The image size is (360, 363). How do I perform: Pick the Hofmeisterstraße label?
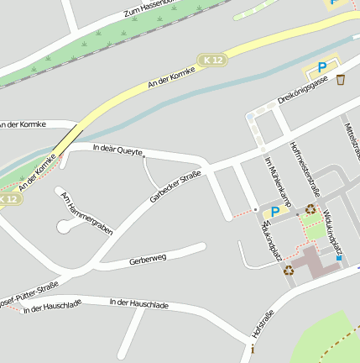[305, 164]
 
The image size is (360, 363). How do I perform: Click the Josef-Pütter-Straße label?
[29, 290]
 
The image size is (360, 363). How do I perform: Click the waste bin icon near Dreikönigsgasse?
[341, 80]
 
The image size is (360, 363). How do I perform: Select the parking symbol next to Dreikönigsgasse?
[321, 67]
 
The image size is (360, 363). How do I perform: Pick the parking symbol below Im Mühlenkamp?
[274, 212]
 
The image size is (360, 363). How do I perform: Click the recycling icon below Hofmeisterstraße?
[310, 209]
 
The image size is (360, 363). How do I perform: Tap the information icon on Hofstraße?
[253, 348]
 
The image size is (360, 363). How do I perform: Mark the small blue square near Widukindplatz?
[339, 258]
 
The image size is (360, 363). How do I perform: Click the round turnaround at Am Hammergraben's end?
[64, 226]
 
